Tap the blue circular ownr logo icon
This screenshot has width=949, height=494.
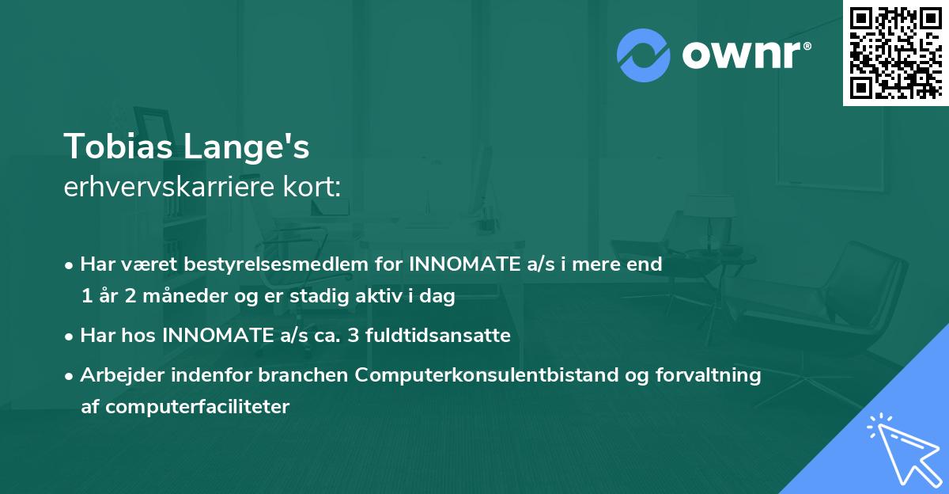[x=644, y=54]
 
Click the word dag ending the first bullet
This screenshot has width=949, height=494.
[x=439, y=298]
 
